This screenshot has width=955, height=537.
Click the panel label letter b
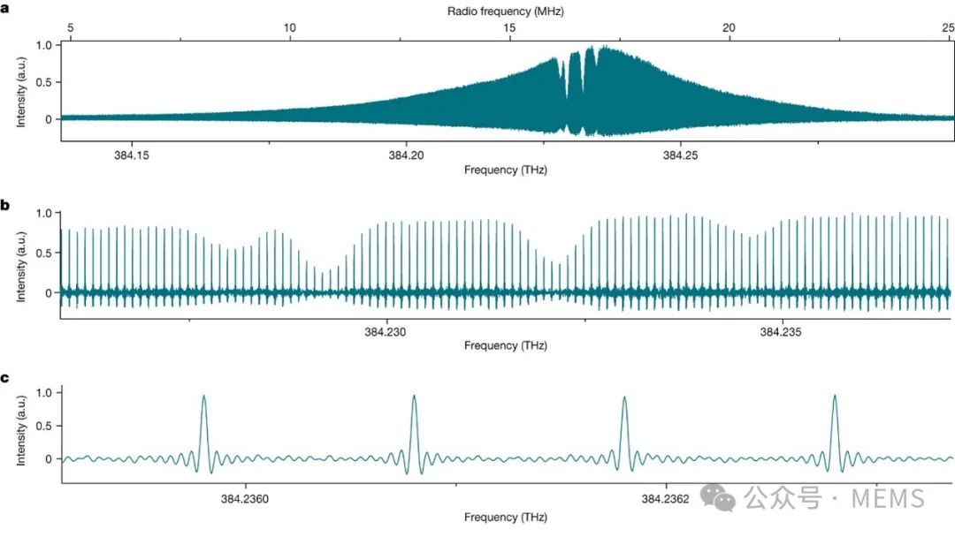5,205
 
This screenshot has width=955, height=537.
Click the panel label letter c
5,378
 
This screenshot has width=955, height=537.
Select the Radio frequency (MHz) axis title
506,11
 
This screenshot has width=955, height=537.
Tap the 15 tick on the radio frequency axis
509,27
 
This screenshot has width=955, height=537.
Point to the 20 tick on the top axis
729,27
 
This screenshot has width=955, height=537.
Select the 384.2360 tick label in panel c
245,498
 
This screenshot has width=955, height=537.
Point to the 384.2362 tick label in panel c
665,498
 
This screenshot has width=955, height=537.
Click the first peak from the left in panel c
204,397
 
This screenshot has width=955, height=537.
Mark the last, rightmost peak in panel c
835,397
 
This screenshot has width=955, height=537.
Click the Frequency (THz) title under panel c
506,517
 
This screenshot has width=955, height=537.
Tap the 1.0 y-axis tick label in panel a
42,44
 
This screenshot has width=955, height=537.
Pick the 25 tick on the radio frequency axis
948,27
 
